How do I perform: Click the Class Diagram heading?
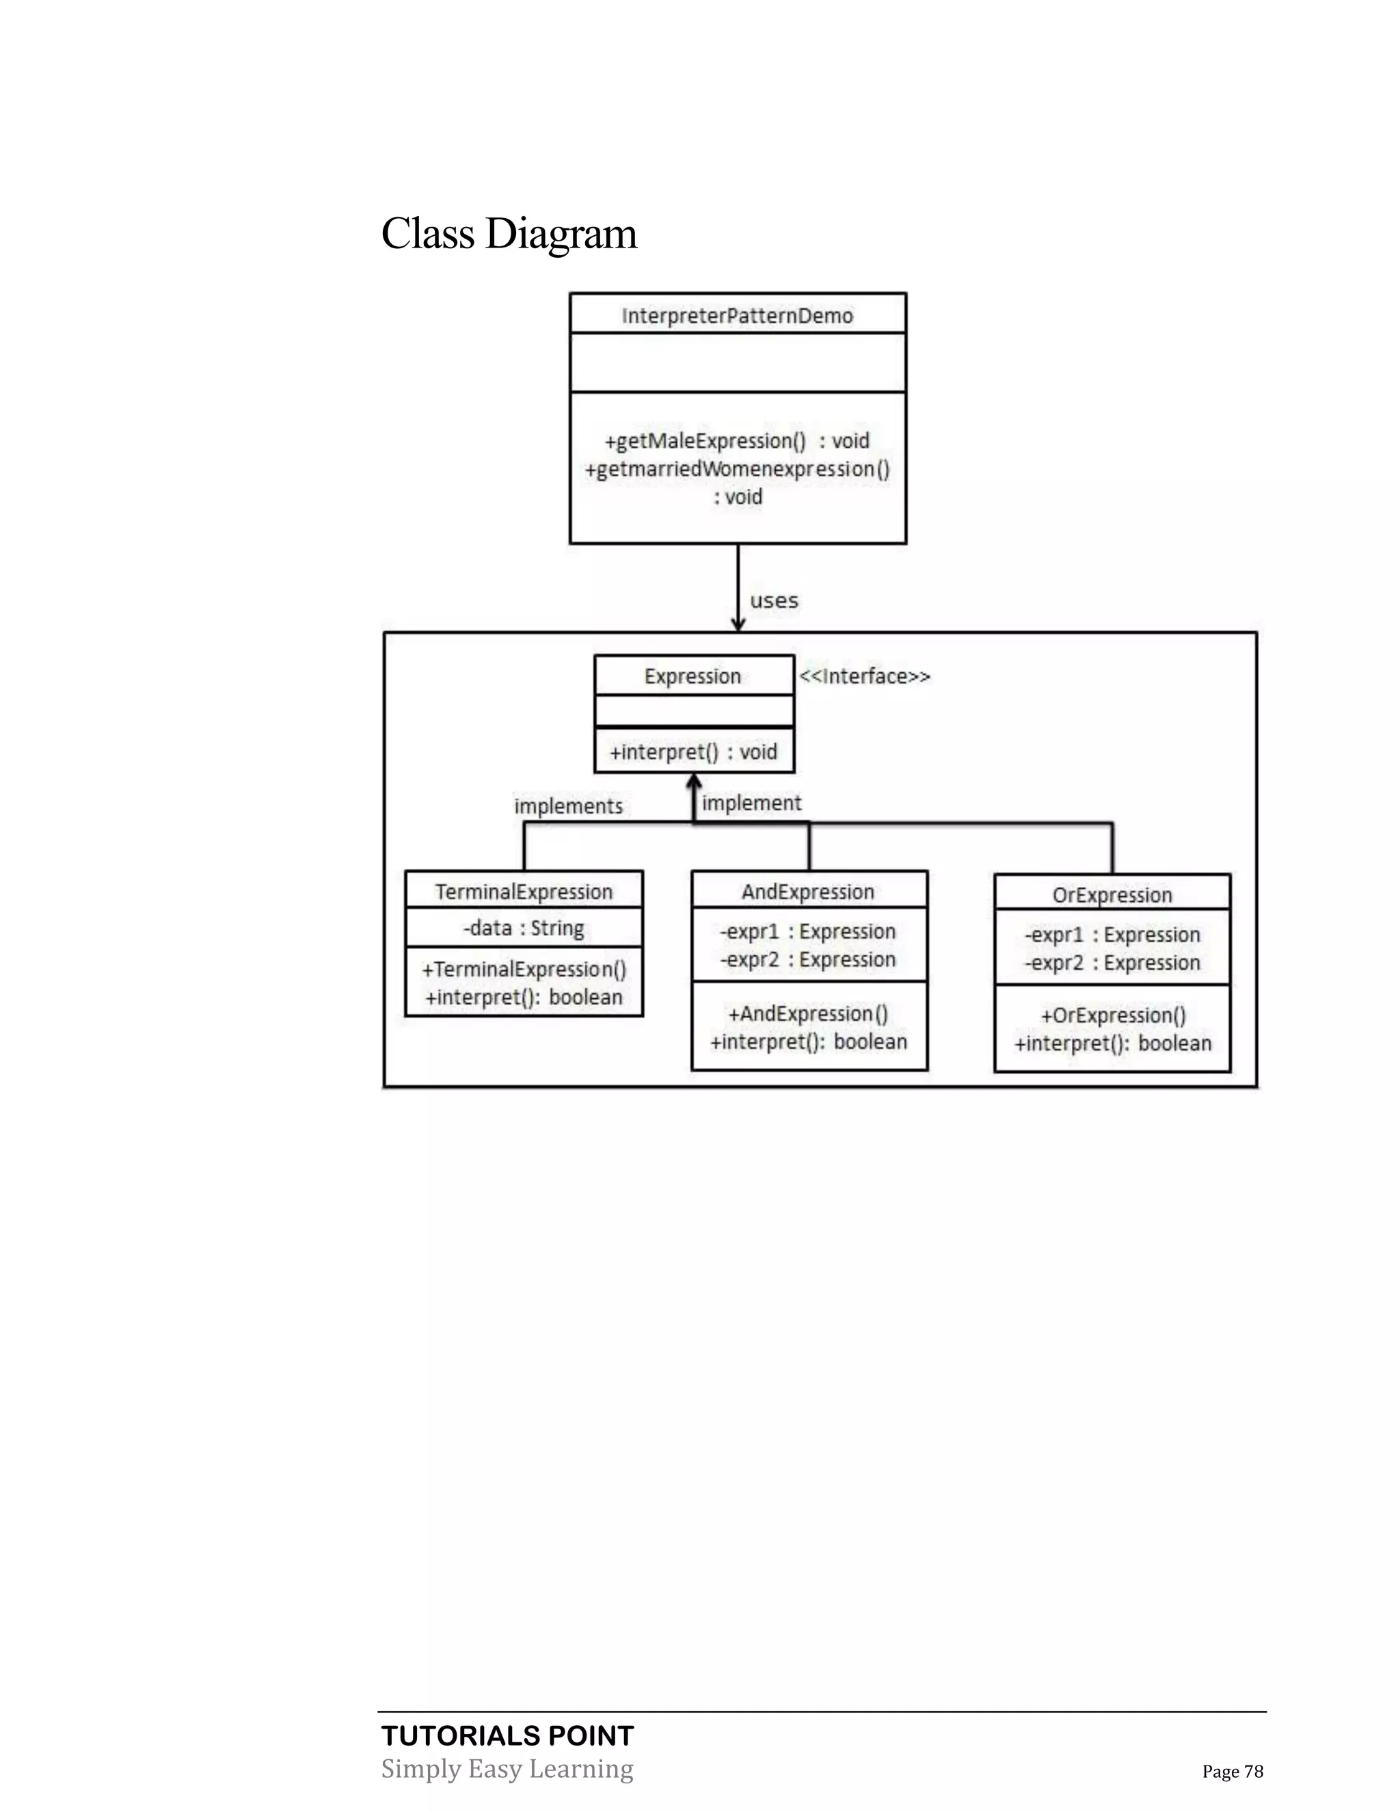(509, 234)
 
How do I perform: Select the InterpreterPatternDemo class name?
(738, 316)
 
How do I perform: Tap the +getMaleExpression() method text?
(736, 440)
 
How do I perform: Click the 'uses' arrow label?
(774, 600)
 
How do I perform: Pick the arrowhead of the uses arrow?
(738, 624)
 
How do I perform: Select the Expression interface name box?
(693, 676)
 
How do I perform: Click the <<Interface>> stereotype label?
(864, 677)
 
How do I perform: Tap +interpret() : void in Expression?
(693, 751)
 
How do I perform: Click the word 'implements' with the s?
(568, 806)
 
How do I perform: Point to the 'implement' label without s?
(751, 803)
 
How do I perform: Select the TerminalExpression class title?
(524, 892)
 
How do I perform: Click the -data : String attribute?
(524, 929)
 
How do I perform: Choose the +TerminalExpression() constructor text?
(524, 969)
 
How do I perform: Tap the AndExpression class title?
(808, 892)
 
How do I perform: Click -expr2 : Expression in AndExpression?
(808, 960)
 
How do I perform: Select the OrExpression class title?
(1112, 895)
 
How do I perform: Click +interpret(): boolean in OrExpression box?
(1112, 1043)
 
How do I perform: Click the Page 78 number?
(1233, 1772)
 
